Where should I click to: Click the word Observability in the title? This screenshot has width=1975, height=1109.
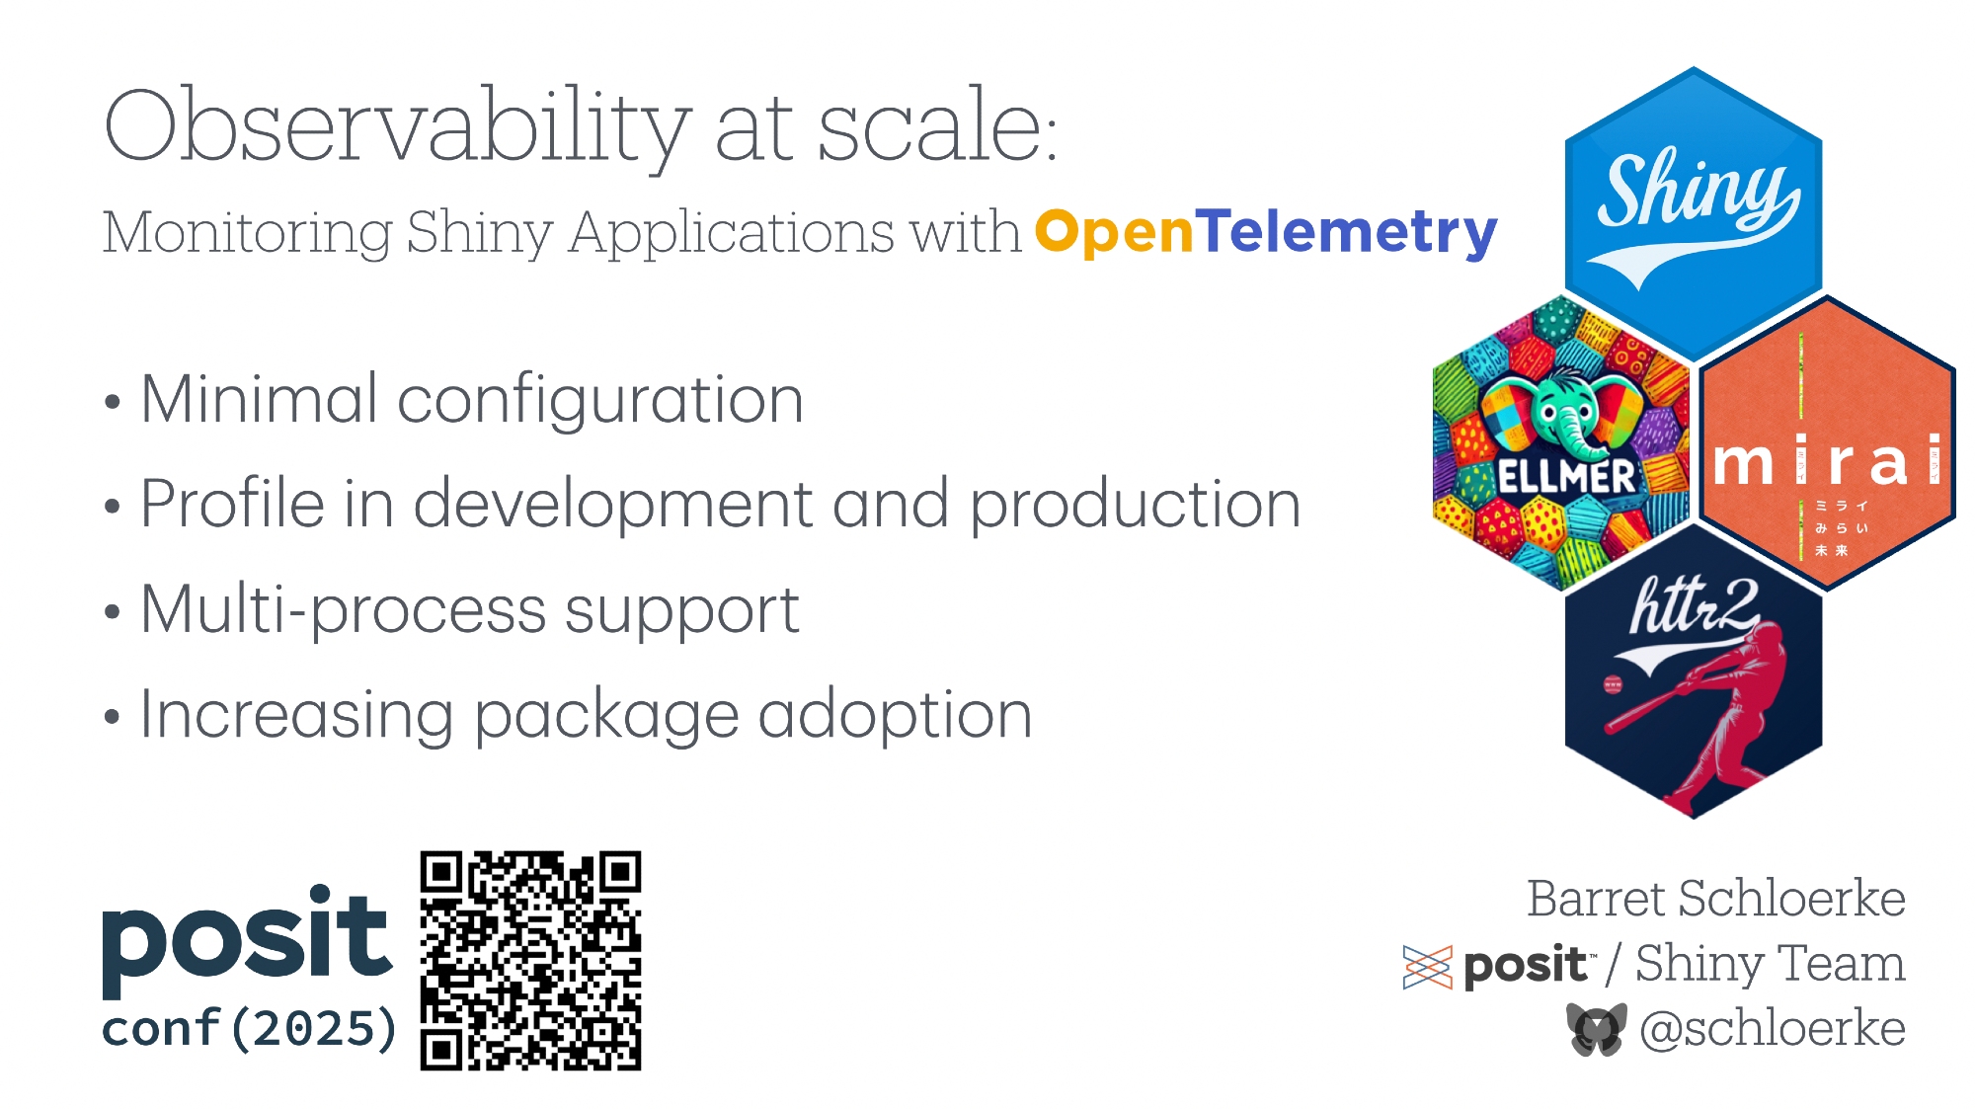(x=396, y=128)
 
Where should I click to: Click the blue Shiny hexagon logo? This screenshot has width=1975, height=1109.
(x=1694, y=213)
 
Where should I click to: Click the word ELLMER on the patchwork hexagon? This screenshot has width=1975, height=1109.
(x=1566, y=476)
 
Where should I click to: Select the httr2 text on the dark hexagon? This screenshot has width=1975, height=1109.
(x=1693, y=604)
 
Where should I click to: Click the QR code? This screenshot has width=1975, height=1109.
(x=530, y=961)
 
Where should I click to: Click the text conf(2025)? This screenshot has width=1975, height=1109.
(x=249, y=1029)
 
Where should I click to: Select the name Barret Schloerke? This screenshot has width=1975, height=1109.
(x=1716, y=899)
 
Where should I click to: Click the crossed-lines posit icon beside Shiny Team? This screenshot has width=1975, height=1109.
(x=1427, y=967)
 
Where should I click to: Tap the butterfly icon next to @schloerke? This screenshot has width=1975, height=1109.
(x=1597, y=1029)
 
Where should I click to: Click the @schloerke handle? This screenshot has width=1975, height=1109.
(x=1773, y=1029)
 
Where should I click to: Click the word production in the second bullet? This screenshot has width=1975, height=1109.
(x=1136, y=506)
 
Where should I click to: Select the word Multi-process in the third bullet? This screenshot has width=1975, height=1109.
(x=344, y=611)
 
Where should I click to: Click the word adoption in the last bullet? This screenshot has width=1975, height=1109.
(x=895, y=717)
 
